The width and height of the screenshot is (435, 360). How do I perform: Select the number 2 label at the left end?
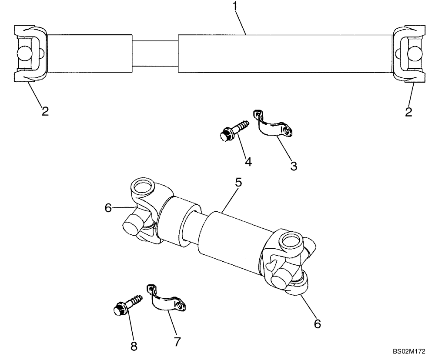point(45,111)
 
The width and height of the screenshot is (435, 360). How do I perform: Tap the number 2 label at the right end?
point(408,112)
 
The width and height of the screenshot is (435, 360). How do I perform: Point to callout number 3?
point(294,166)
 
